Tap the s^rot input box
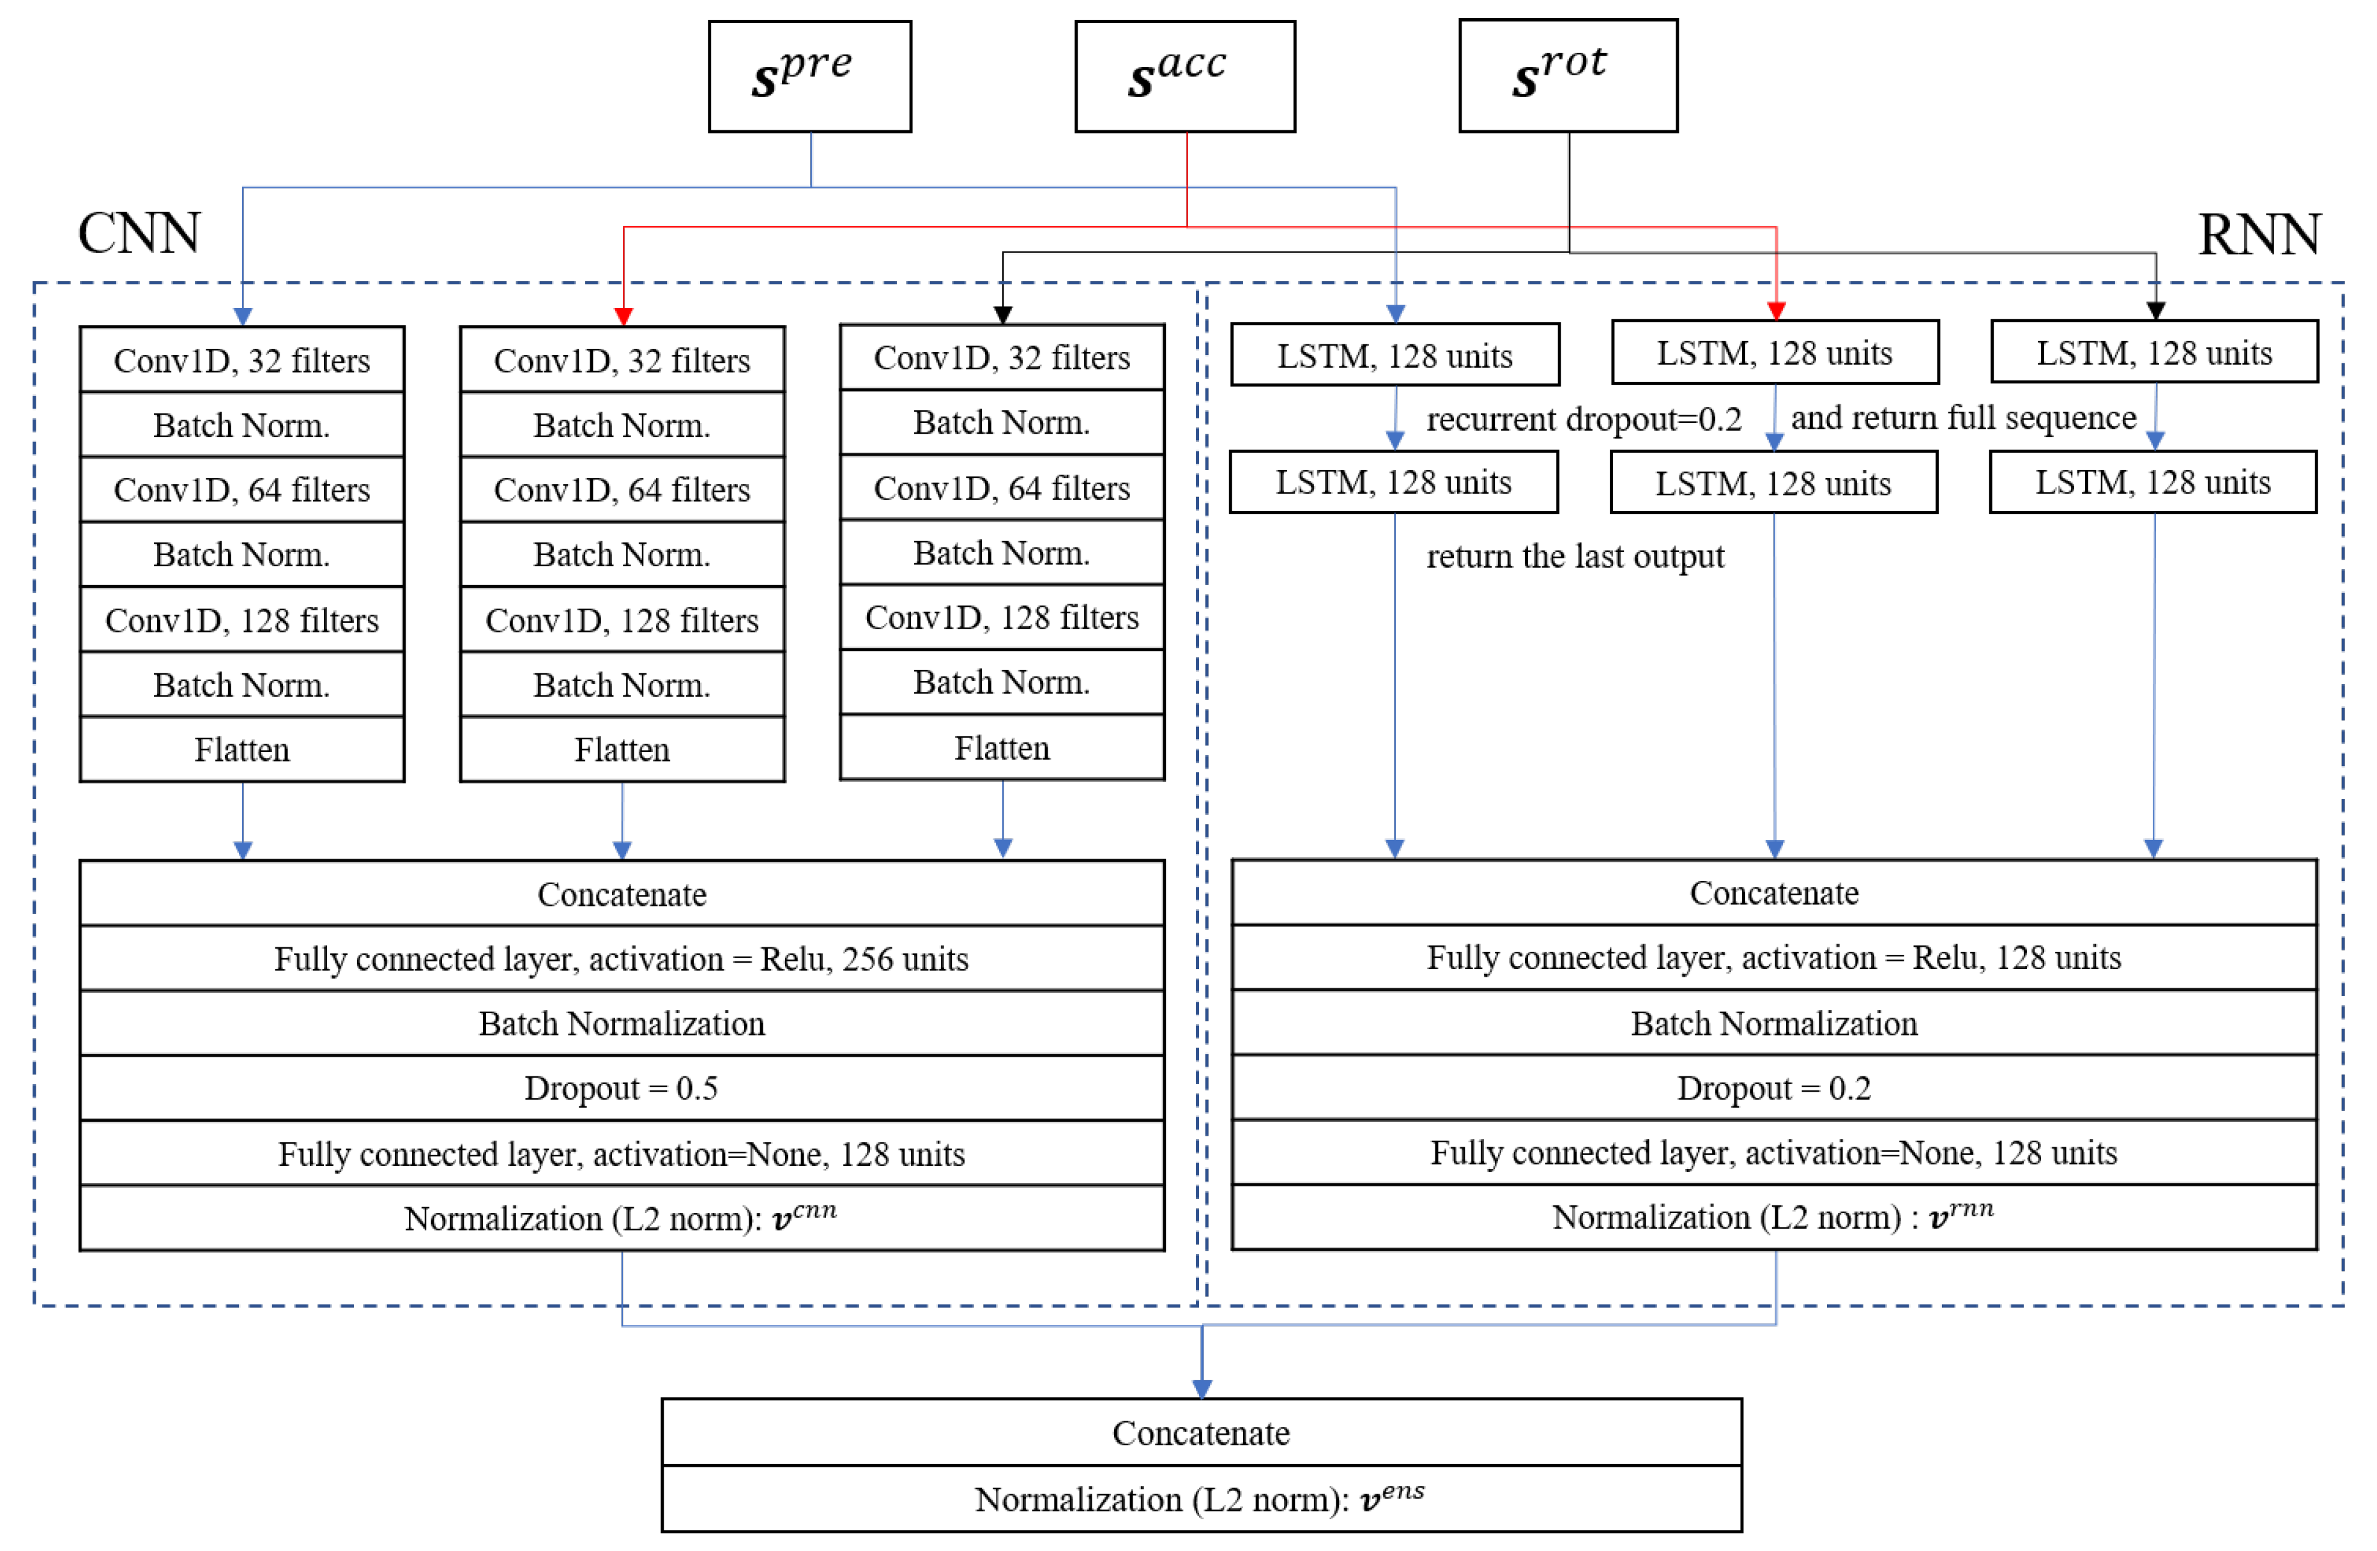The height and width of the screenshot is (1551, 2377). point(1568,76)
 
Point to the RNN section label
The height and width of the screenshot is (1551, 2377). point(2259,236)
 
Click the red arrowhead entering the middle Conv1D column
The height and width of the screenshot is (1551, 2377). point(623,316)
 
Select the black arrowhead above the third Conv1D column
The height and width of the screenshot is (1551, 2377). point(1003,314)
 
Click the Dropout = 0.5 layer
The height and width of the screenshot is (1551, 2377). point(621,1088)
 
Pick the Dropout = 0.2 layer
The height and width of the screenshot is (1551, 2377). point(1774,1088)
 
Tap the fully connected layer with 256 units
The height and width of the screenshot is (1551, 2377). point(621,959)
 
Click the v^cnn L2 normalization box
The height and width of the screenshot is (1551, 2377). point(621,1218)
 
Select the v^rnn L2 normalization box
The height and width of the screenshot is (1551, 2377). point(1774,1216)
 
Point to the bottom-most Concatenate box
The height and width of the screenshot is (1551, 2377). point(1202,1432)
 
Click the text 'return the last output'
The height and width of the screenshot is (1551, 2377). point(1575,556)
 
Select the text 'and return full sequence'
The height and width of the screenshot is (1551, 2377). point(1962,418)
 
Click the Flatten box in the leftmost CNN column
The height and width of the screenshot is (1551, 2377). point(241,749)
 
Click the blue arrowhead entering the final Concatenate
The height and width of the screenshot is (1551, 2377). point(1202,1387)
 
